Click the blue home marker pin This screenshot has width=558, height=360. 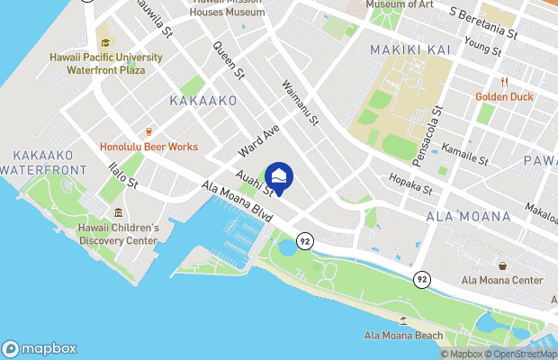(279, 177)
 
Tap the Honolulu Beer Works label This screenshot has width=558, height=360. (148, 147)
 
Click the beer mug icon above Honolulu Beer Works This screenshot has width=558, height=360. (148, 131)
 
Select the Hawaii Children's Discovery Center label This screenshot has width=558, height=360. (119, 234)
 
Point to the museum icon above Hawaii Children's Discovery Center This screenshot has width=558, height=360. (119, 213)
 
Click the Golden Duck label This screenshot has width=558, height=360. (505, 96)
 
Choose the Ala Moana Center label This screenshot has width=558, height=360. (502, 281)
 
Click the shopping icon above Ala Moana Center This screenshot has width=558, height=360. (502, 265)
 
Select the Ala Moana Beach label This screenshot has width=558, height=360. (404, 336)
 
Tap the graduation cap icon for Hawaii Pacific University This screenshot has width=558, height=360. (106, 42)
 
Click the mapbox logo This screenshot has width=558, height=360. (40, 348)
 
